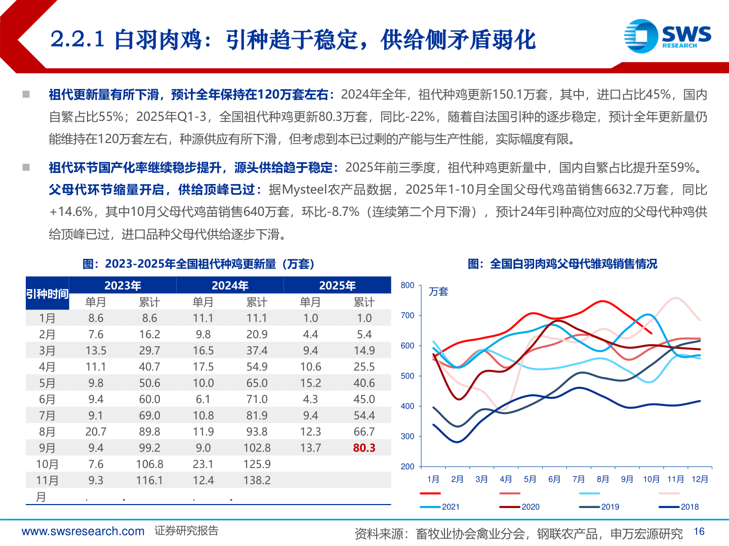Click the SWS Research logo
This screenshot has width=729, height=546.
click(667, 36)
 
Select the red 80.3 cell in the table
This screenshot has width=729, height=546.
click(364, 448)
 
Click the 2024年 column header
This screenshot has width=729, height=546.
click(230, 286)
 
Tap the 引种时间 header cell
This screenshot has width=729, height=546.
click(47, 294)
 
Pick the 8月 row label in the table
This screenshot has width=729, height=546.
click(47, 432)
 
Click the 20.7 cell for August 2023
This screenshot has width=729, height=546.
click(96, 432)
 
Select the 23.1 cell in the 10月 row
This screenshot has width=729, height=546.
click(203, 464)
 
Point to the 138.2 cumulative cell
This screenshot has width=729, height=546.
click(257, 480)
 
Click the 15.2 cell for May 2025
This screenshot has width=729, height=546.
click(310, 383)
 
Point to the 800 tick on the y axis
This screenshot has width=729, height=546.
click(407, 286)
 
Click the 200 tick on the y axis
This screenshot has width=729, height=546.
click(407, 467)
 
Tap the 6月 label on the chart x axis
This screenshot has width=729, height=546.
click(554, 479)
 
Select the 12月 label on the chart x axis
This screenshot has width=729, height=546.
click(700, 479)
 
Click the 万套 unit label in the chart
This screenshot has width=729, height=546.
click(438, 292)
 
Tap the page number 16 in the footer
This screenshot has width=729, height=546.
click(699, 531)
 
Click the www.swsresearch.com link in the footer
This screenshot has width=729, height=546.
click(83, 531)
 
